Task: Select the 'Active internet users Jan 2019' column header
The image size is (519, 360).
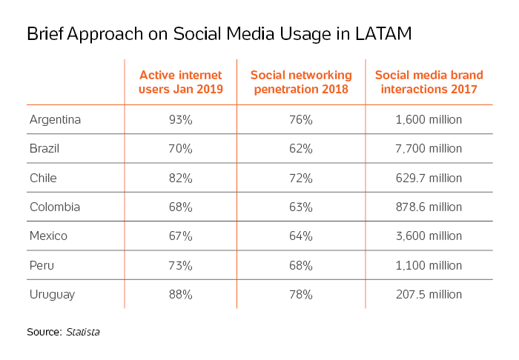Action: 179,82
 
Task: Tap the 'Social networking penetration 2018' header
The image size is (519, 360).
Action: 301,82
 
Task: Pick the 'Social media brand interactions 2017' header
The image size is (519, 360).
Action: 429,82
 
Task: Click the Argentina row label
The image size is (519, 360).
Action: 55,119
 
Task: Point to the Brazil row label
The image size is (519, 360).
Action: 44,148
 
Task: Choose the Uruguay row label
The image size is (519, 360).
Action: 51,294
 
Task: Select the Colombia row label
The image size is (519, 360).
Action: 55,207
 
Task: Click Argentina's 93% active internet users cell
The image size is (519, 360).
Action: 180,119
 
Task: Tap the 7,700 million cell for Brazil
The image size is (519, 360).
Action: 429,148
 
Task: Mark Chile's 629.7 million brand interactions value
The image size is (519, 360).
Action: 429,178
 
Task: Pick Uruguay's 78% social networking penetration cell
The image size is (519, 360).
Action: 301,294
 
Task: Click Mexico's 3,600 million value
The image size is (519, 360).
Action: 429,236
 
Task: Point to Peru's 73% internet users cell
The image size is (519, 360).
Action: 180,265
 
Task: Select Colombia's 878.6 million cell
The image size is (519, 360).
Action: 429,207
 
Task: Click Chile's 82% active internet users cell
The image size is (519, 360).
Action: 180,178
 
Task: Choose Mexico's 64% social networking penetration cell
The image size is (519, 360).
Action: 301,236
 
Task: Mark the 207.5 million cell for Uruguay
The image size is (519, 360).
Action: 429,294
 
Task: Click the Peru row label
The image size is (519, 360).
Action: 41,265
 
